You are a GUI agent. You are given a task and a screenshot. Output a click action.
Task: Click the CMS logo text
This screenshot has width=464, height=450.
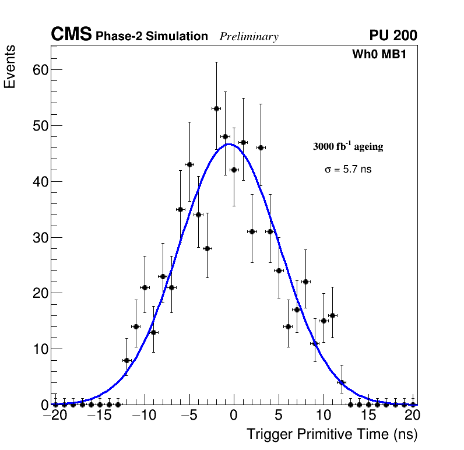pos(71,35)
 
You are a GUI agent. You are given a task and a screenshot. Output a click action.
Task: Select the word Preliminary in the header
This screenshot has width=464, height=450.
pos(249,37)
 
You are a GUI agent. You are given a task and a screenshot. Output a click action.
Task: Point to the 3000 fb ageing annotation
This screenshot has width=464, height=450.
pos(348,147)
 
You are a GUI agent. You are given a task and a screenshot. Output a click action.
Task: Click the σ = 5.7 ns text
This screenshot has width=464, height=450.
pos(348,170)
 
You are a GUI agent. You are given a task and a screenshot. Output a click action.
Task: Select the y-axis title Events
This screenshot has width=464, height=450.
pos(10,67)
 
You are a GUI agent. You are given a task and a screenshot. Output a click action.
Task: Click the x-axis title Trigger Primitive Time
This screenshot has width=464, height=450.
pos(332,434)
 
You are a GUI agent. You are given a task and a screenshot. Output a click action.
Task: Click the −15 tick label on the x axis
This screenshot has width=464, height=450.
pos(100,416)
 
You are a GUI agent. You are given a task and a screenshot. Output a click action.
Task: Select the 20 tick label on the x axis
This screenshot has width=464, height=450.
pos(413,416)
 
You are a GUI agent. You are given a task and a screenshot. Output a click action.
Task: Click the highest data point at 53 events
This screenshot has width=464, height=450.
pos(216,108)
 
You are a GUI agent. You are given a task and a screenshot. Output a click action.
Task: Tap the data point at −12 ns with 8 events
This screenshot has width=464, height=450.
pos(126,360)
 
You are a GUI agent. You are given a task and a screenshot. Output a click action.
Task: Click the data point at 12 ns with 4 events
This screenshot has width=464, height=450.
pos(342,382)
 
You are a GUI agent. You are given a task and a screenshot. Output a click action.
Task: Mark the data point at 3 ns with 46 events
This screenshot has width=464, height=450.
pos(261,147)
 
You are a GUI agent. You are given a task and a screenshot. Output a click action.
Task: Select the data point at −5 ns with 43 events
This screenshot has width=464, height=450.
pos(189,164)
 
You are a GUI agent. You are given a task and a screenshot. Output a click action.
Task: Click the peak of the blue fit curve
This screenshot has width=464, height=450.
pos(229,144)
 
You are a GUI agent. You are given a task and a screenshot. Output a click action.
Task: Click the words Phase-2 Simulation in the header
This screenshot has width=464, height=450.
pos(152,37)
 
